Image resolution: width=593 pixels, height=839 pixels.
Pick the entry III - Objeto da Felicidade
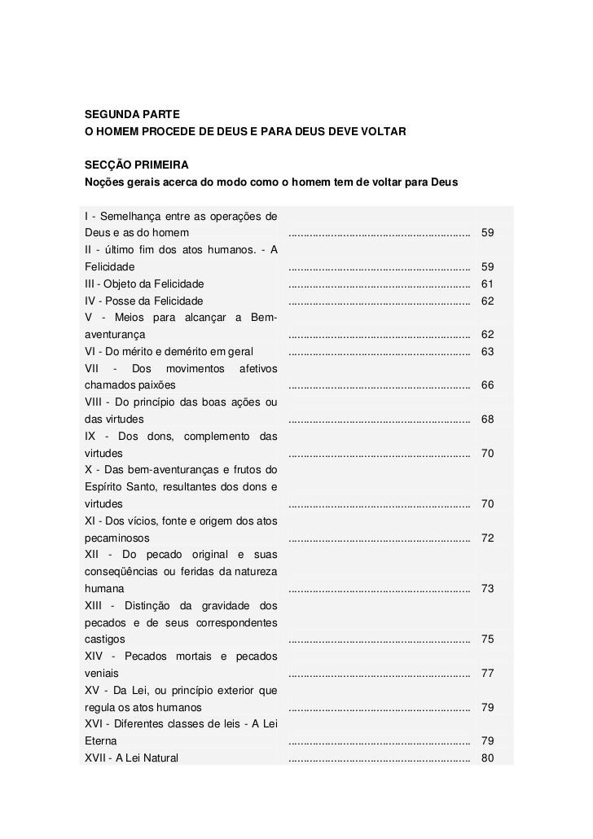tap(144, 283)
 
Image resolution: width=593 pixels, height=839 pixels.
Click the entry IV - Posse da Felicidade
tap(143, 301)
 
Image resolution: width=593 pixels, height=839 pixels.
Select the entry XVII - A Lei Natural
tap(131, 758)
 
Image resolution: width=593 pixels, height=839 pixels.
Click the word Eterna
tap(100, 741)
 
